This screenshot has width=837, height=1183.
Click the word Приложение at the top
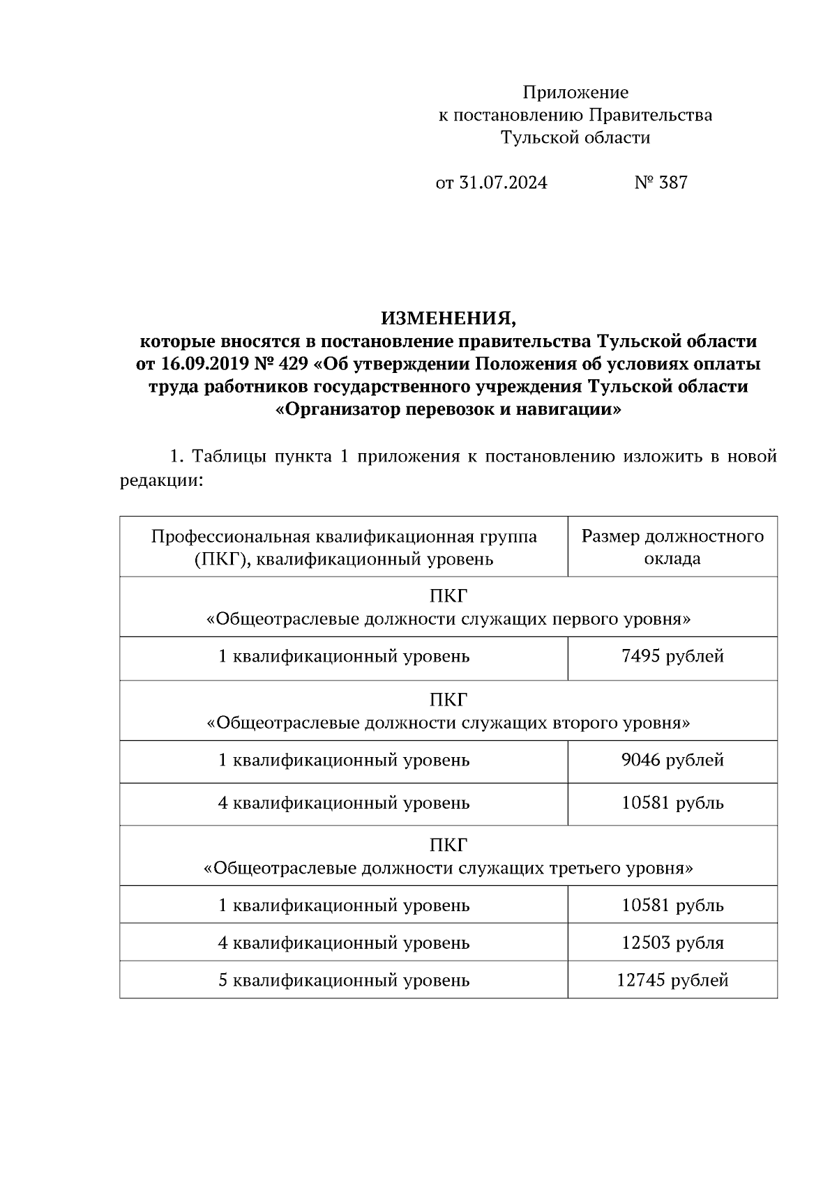coord(575,93)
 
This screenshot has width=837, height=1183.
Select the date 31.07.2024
coord(503,183)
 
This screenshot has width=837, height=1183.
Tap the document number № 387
coord(661,183)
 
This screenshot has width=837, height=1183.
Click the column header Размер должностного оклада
coord(672,547)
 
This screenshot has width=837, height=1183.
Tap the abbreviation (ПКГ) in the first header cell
coord(218,559)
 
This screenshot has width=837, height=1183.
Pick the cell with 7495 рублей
coord(672,656)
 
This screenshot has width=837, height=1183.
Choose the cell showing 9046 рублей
coord(672,760)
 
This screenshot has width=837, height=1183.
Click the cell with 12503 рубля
coord(672,942)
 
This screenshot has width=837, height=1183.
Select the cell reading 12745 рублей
coord(672,980)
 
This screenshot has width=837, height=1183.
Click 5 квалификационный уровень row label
coord(343,980)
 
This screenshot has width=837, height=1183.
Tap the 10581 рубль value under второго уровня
coord(672,803)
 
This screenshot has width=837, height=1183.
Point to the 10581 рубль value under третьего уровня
coord(672,906)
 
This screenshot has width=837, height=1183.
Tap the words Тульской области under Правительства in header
coord(575,138)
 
